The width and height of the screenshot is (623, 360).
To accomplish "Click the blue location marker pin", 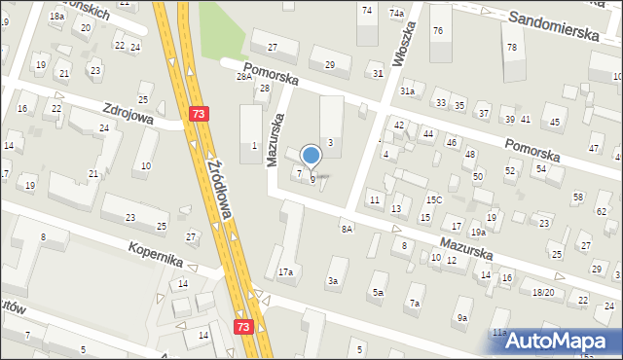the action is tap(311, 157).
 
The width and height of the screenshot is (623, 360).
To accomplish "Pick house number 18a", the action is tap(57, 17).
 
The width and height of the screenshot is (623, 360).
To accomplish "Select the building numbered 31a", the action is tap(408, 90).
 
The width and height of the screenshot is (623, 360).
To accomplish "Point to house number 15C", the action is tap(433, 200).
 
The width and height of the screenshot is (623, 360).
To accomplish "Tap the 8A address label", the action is tap(347, 228).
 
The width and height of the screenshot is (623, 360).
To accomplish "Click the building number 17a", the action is tap(285, 272).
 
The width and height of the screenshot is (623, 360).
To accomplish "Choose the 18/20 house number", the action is tap(543, 292).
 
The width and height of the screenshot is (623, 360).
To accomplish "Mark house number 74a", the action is tap(397, 13).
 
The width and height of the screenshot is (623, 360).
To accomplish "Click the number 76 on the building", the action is tap(438, 31).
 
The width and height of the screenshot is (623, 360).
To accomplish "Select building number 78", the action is tap(511, 48).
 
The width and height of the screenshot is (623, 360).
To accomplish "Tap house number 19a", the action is tap(478, 233).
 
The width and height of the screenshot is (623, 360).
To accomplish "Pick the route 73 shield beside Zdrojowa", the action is tap(200, 115).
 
